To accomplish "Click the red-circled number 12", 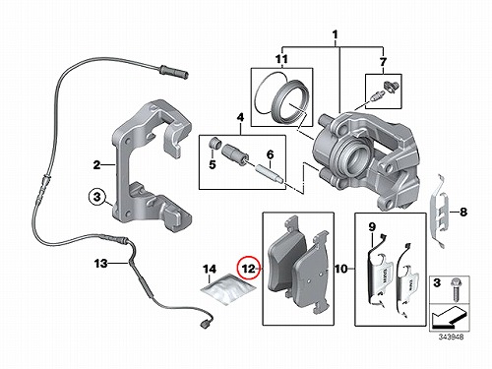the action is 248,269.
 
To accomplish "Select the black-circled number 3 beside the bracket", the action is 96,197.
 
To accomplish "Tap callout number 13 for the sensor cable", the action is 100,263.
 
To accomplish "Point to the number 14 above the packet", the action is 210,270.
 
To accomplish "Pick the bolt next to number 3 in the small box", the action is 456,288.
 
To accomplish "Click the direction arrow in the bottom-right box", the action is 449,318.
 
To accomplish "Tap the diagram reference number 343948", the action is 452,337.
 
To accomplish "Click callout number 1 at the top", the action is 335,34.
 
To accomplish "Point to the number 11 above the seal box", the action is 281,59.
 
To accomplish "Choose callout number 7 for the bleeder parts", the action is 383,61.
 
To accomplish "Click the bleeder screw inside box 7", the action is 375,96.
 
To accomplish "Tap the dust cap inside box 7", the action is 392,86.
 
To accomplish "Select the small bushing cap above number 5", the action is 215,144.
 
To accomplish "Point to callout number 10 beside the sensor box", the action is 341,269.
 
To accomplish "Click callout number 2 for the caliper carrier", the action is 96,164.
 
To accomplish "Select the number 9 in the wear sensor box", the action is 372,226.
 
